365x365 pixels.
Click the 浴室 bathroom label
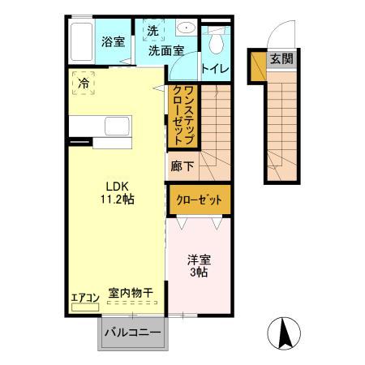pos(113,41)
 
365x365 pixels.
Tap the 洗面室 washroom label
pos(165,50)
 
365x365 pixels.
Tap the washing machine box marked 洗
pos(153,31)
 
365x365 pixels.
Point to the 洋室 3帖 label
pos(199,266)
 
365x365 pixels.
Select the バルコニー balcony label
pos(133,333)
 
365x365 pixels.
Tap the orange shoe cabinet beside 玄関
pos(258,67)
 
